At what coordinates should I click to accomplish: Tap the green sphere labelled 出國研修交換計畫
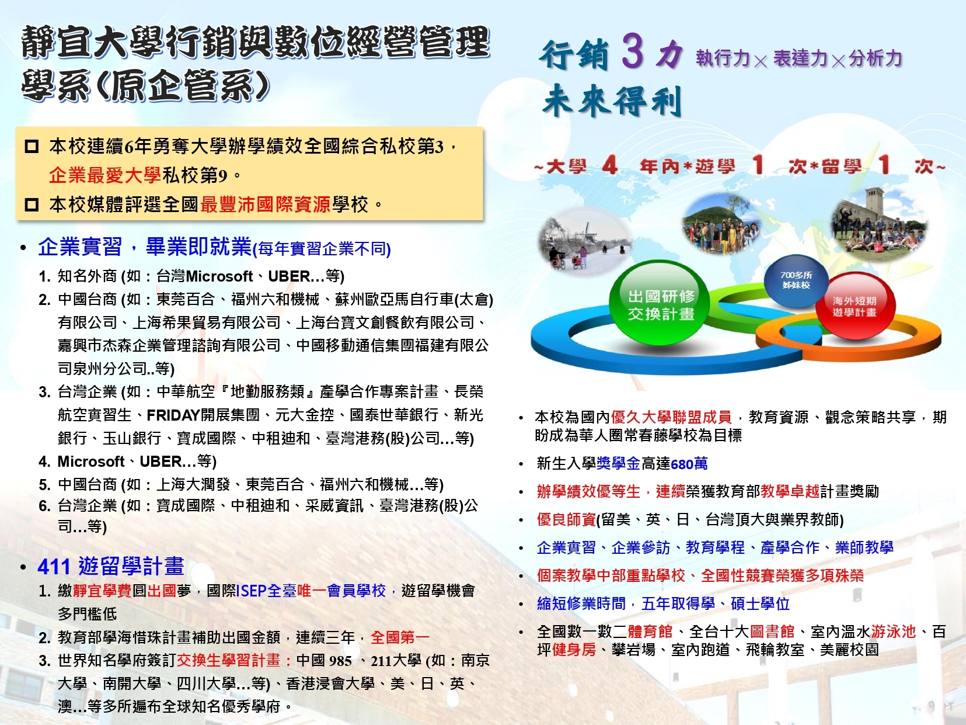coord(660,303)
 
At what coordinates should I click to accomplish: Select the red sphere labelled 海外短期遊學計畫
coord(855,306)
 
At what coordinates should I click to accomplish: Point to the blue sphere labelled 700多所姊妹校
coord(796,280)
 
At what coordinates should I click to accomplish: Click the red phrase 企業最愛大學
coord(104,175)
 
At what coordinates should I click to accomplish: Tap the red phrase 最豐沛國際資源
coord(265,204)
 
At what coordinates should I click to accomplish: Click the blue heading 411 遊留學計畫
coord(110,566)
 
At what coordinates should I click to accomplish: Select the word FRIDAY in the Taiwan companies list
coord(173,415)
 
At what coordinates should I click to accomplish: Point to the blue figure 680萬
coord(689,463)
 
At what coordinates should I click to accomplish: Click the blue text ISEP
coord(252,591)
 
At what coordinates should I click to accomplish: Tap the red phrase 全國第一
coord(400,637)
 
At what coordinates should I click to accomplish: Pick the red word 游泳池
coord(893,632)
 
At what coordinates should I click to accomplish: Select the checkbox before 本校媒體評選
coord(32,204)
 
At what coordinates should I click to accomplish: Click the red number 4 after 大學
coord(609,166)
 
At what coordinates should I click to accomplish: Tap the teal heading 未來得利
coord(612,100)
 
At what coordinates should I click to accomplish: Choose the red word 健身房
coord(574,650)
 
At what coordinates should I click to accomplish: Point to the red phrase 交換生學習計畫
coord(228,660)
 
